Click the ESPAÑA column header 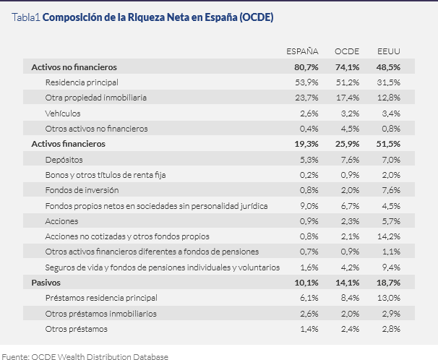tap(303, 51)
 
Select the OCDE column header tap(347, 51)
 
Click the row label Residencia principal tap(81, 82)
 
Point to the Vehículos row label tap(62, 113)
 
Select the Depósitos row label tap(64, 159)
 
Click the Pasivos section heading tap(46, 282)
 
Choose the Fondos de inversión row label tap(79, 190)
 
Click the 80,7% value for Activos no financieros tap(306, 67)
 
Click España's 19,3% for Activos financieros tap(306, 144)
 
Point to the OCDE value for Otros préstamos tap(348, 329)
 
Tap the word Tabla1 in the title tap(26, 17)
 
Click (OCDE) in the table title tap(254, 17)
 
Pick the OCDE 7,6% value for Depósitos tap(348, 159)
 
